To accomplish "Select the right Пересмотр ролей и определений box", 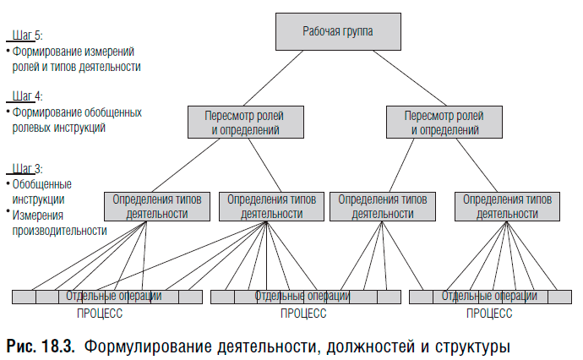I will point(444,123).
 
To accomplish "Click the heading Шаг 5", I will point(26,35).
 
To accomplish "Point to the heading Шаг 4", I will point(26,96).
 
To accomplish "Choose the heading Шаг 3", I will point(26,169).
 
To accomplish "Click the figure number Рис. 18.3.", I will point(41,346).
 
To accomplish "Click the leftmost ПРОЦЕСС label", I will point(99,314).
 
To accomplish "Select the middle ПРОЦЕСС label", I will point(302,314).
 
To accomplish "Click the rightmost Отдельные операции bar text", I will point(488,297).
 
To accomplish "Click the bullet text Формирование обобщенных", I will point(77,112).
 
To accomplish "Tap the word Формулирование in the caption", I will point(144,346).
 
